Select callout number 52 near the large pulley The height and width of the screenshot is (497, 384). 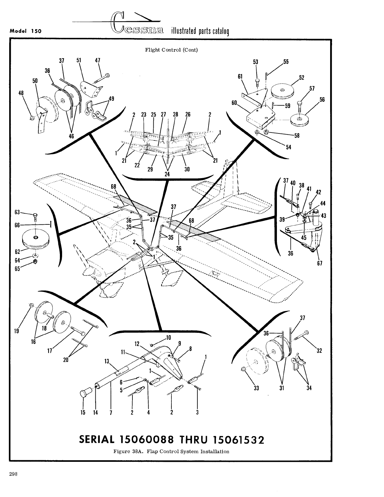pyautogui.click(x=302, y=78)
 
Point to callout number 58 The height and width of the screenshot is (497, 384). pyautogui.click(x=297, y=136)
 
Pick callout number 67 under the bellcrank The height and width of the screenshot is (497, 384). pyautogui.click(x=319, y=263)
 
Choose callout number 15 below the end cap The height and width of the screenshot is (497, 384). pyautogui.click(x=83, y=412)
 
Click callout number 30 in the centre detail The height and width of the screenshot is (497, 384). pyautogui.click(x=187, y=169)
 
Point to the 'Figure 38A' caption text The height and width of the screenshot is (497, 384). pyautogui.click(x=171, y=451)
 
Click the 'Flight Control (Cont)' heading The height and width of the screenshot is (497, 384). pyautogui.click(x=171, y=50)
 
